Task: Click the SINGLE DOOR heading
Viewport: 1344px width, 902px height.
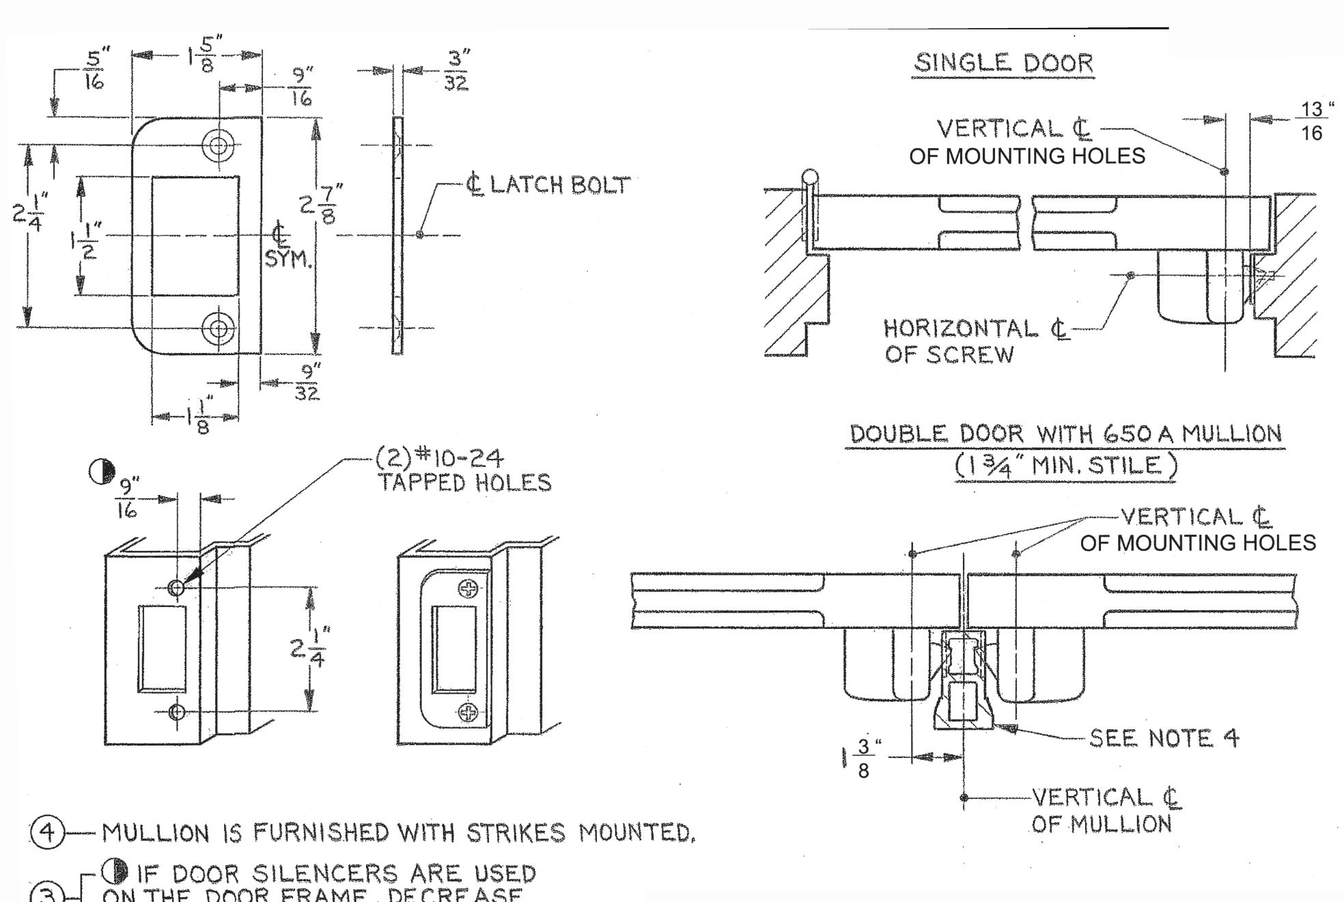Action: click(x=1003, y=64)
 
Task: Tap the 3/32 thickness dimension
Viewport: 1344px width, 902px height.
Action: click(x=456, y=70)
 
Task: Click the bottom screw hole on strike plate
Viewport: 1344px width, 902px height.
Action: click(x=219, y=328)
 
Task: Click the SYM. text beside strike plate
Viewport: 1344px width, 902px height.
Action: click(x=288, y=260)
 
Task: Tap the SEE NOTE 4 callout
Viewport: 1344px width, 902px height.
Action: click(x=1163, y=738)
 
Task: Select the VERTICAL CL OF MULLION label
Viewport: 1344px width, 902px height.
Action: click(x=1105, y=811)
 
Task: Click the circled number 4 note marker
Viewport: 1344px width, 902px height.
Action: click(x=46, y=833)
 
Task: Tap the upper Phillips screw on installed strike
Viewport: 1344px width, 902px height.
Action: click(x=468, y=588)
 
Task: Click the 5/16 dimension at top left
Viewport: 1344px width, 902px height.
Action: click(x=94, y=70)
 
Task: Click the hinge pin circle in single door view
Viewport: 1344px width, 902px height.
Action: click(x=809, y=178)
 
